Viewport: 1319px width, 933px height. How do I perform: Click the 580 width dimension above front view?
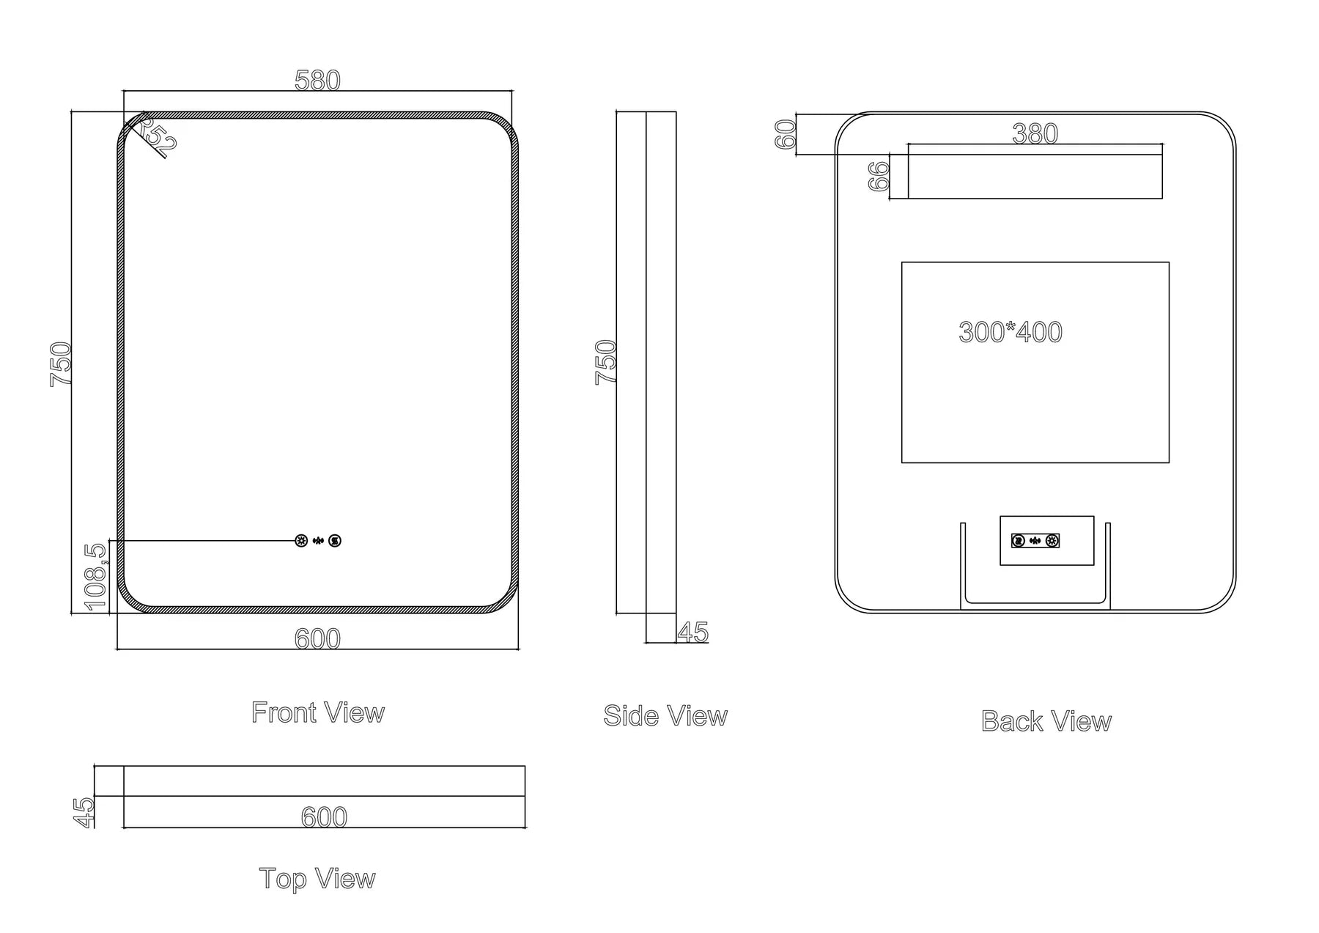[x=317, y=81]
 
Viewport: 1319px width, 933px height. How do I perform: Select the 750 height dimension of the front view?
[x=61, y=364]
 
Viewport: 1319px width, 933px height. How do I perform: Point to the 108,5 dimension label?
[x=96, y=576]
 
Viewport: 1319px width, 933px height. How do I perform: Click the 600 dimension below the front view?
[x=317, y=639]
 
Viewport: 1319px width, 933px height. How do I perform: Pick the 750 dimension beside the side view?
[x=605, y=361]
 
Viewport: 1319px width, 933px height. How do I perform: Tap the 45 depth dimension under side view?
[x=692, y=632]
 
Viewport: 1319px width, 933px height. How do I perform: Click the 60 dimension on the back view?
[x=786, y=134]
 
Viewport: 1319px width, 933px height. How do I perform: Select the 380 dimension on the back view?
[x=1035, y=133]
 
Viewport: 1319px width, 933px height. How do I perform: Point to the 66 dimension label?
[x=879, y=177]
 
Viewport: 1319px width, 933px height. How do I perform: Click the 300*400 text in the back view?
[x=1010, y=332]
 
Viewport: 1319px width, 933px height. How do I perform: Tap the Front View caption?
[x=317, y=712]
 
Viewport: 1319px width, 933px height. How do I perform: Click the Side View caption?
[x=665, y=716]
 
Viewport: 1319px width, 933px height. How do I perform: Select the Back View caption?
[x=1046, y=721]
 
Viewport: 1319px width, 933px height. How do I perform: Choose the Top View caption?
[x=317, y=878]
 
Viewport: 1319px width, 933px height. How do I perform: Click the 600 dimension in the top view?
[x=324, y=816]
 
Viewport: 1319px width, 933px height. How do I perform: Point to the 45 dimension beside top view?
[x=85, y=812]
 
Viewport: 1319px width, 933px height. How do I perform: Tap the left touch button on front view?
[x=300, y=541]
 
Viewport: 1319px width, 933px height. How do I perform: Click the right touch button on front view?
[x=335, y=541]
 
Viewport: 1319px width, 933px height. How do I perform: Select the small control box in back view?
[x=1046, y=540]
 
